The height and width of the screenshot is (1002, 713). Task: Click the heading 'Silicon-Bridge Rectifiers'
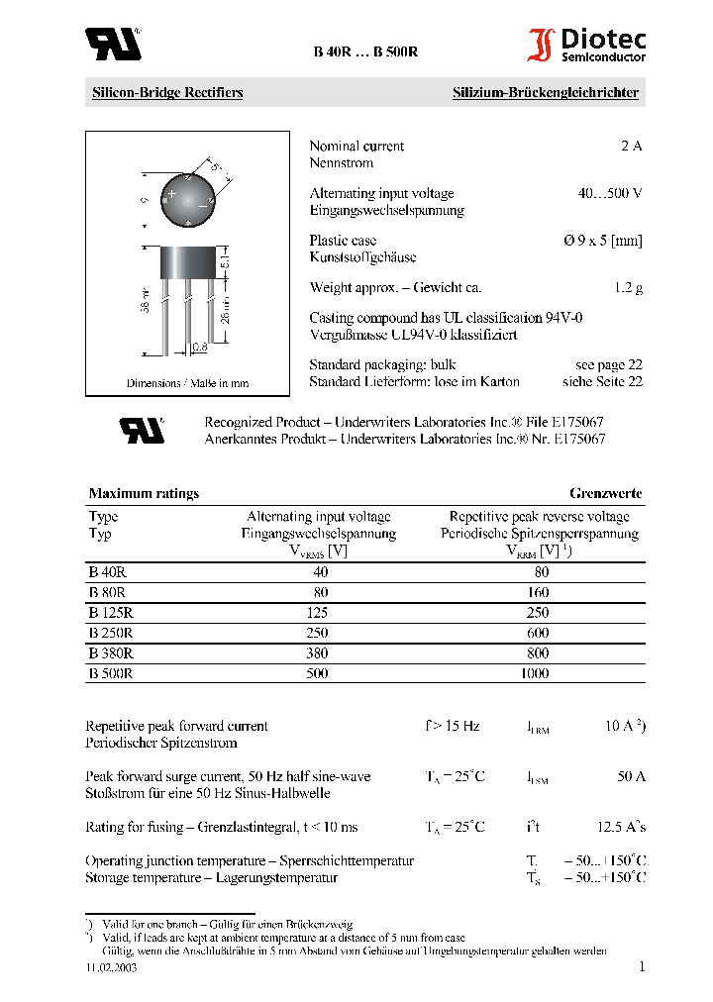point(167,93)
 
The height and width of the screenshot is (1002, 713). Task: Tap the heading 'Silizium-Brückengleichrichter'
point(546,93)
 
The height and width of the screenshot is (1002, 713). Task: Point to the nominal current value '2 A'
point(631,147)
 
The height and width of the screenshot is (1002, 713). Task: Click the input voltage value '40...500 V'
point(610,194)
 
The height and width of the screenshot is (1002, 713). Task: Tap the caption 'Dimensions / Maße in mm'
point(187,383)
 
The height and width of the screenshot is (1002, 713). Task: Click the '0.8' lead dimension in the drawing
point(199,348)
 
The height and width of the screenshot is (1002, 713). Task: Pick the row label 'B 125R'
point(110,613)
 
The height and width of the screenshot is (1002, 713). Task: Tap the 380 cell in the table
point(319,653)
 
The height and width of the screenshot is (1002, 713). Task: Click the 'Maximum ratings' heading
point(144,493)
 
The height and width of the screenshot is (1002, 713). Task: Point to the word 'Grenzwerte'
point(605,493)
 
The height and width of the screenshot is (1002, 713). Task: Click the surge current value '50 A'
point(631,777)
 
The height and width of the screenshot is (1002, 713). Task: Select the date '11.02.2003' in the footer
point(111,967)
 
